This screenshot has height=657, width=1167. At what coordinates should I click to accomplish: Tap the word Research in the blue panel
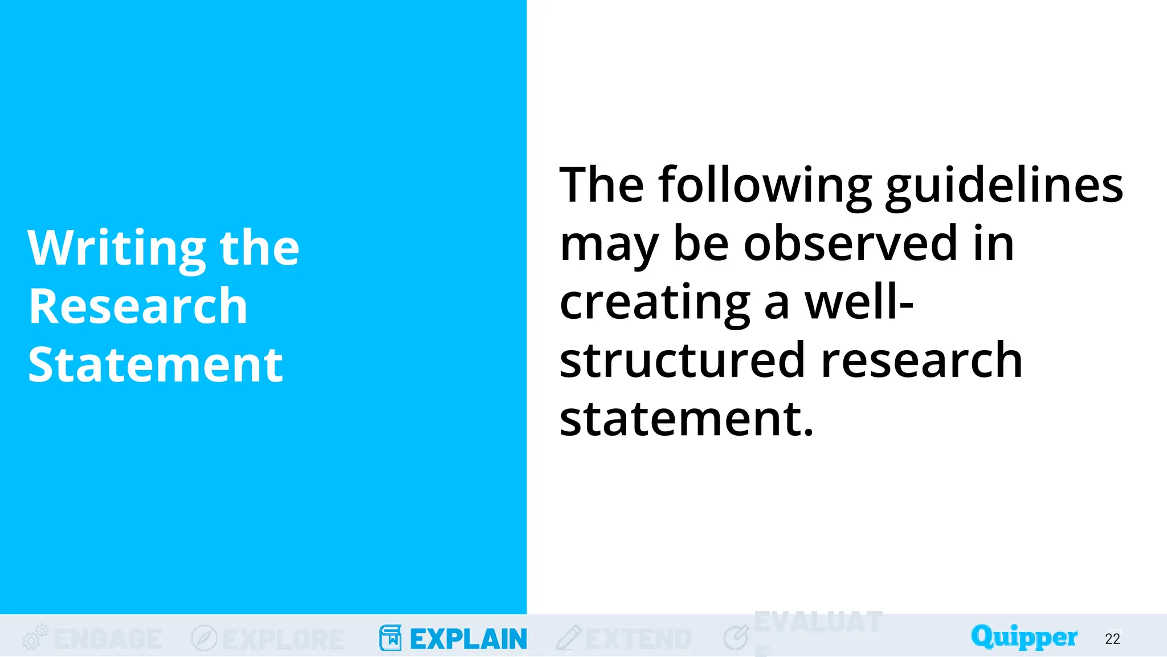[x=138, y=306]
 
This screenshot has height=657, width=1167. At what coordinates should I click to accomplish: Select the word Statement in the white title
[x=155, y=365]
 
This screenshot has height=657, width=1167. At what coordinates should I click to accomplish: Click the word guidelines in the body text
[x=1004, y=186]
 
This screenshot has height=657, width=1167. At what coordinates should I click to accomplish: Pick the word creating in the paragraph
[x=655, y=302]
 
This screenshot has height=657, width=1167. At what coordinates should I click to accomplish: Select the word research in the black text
[x=922, y=360]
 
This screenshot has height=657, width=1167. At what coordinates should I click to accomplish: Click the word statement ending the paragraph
[x=686, y=419]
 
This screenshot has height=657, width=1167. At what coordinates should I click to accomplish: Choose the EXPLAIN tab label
[x=468, y=639]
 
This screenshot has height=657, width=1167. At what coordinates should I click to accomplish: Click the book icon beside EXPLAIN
[x=390, y=638]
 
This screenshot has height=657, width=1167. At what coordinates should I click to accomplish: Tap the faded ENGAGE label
[x=108, y=639]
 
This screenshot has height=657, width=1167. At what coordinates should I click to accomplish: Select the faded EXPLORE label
[x=283, y=639]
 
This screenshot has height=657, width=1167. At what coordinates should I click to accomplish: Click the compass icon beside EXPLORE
[x=204, y=638]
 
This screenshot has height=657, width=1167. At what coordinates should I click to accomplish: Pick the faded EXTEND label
[x=638, y=639]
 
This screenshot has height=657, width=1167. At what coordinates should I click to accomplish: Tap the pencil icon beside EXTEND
[x=568, y=638]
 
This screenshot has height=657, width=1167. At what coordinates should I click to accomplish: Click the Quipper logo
[x=1024, y=637]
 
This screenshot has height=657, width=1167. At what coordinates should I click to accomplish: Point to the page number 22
[x=1112, y=639]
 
